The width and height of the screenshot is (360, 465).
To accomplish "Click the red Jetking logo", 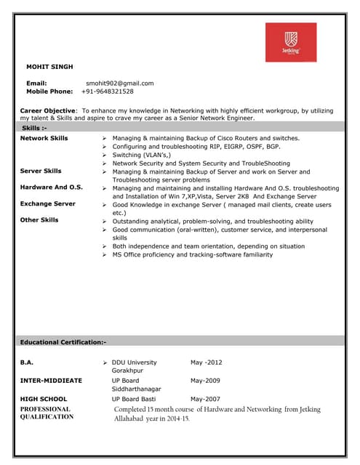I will point(290,43).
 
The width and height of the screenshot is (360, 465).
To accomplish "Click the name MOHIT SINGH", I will point(49,67).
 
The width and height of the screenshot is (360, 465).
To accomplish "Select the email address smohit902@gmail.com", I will point(120,83).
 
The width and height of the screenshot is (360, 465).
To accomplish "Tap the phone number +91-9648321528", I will point(108,92).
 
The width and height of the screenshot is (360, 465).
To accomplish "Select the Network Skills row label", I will point(44,137).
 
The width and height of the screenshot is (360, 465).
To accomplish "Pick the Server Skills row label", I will point(41,171).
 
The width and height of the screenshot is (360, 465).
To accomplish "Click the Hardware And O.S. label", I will point(52,187).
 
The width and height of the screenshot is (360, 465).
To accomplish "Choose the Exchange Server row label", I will point(48,204).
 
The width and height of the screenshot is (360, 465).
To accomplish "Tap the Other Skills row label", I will point(39,220).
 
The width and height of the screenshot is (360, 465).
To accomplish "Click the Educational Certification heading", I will point(63,341).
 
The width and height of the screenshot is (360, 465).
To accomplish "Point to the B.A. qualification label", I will point(27,362).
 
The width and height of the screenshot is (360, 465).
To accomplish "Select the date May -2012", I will point(207,362).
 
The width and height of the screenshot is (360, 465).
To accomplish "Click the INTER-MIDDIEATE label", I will point(51,380).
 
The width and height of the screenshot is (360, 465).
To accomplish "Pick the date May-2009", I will point(205,380).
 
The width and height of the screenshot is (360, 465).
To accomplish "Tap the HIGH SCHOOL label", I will point(44,399).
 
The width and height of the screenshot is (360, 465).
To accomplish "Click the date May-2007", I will point(205,399).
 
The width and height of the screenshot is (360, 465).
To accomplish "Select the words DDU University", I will point(134,362).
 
